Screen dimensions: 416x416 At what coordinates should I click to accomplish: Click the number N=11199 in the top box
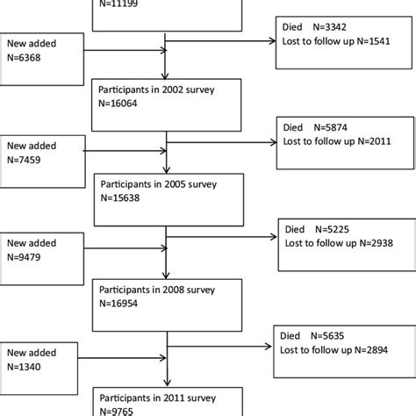(120, 4)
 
